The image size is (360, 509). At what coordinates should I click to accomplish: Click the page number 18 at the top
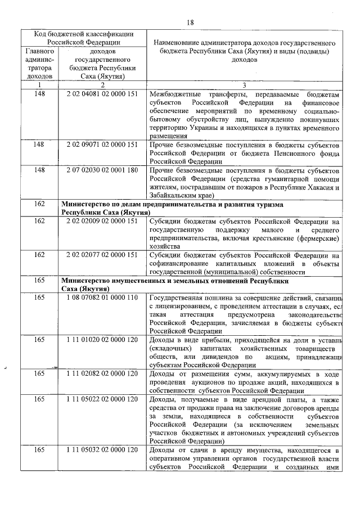(190, 22)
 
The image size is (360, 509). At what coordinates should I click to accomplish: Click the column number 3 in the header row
(244, 84)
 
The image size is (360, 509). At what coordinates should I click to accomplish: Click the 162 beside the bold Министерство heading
(39, 204)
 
